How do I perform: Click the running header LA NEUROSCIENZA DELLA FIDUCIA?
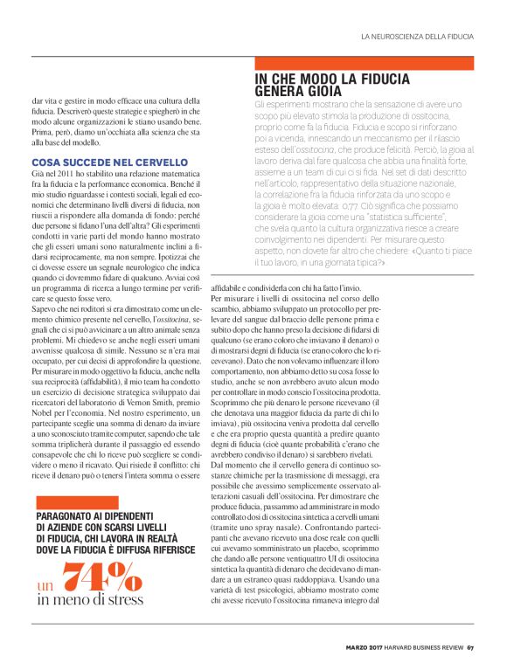coord(417,37)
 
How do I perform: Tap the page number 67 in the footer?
coord(470,647)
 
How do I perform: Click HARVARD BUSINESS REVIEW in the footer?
coord(422,647)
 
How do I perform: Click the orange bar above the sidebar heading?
coord(364,63)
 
